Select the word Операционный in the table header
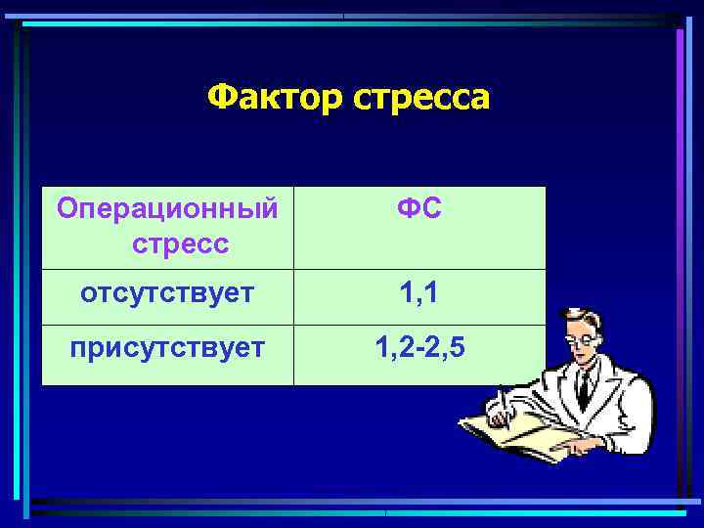coord(167,209)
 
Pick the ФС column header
coord(419,209)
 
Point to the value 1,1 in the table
coord(419,292)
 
